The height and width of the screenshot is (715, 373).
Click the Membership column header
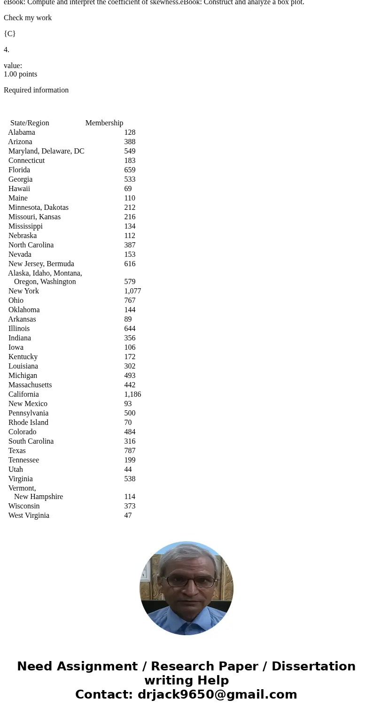coord(104,123)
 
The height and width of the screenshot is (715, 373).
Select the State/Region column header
coord(30,123)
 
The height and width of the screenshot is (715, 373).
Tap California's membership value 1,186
coord(132,394)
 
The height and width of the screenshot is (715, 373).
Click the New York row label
coord(23,291)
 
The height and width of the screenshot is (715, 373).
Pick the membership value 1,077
coord(132,291)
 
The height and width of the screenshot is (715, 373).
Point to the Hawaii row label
coord(19,189)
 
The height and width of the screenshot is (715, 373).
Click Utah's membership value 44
coord(128,469)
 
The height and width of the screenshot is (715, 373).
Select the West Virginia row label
coord(29,515)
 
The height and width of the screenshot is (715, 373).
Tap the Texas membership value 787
coord(130,451)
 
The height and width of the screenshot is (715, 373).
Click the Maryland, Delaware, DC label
coord(46,151)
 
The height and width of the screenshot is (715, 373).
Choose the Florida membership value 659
coord(130,170)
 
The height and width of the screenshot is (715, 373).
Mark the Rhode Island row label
coord(28,423)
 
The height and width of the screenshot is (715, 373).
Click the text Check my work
coord(28,18)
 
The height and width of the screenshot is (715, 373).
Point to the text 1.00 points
coord(20,74)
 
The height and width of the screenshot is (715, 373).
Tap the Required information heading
coord(36,90)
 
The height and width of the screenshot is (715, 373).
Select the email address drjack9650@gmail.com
coord(217,694)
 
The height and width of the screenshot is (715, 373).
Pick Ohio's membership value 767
coord(130,300)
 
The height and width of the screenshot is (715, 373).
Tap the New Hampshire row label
coord(39,497)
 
